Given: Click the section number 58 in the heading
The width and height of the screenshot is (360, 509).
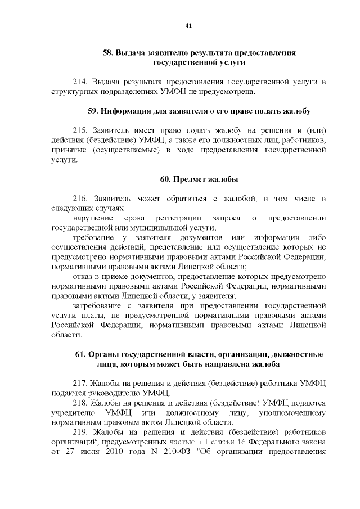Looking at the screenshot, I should point(108,53).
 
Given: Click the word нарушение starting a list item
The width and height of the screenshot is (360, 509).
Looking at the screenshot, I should point(92,218).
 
